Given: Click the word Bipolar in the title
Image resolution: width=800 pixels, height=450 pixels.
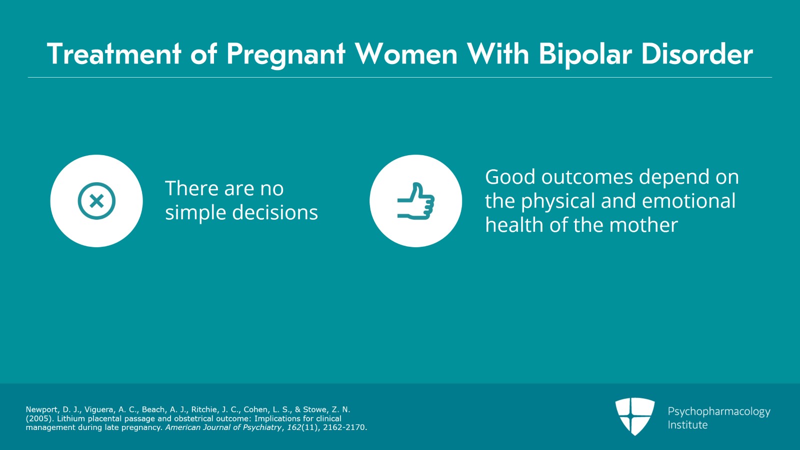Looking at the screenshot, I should [585, 54].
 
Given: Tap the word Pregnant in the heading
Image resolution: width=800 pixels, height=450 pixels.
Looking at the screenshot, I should [285, 54].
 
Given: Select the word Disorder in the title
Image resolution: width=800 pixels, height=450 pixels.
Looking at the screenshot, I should [696, 54].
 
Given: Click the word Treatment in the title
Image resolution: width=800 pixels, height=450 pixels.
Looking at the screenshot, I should [113, 54].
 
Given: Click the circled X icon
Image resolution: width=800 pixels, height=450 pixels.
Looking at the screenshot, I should [96, 201].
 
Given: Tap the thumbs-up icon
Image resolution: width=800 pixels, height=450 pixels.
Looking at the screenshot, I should [416, 201].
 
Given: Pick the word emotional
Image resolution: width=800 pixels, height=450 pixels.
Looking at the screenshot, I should [688, 201].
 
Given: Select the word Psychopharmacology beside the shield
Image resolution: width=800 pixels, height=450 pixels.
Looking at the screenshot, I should [718, 411].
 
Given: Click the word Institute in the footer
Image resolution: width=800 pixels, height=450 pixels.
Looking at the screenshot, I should [687, 425].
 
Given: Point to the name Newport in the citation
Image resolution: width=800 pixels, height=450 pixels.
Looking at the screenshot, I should [42, 409].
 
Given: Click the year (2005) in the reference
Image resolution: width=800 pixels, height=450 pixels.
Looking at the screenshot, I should [39, 418].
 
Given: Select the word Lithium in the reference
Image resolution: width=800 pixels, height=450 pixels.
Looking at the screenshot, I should [71, 418].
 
